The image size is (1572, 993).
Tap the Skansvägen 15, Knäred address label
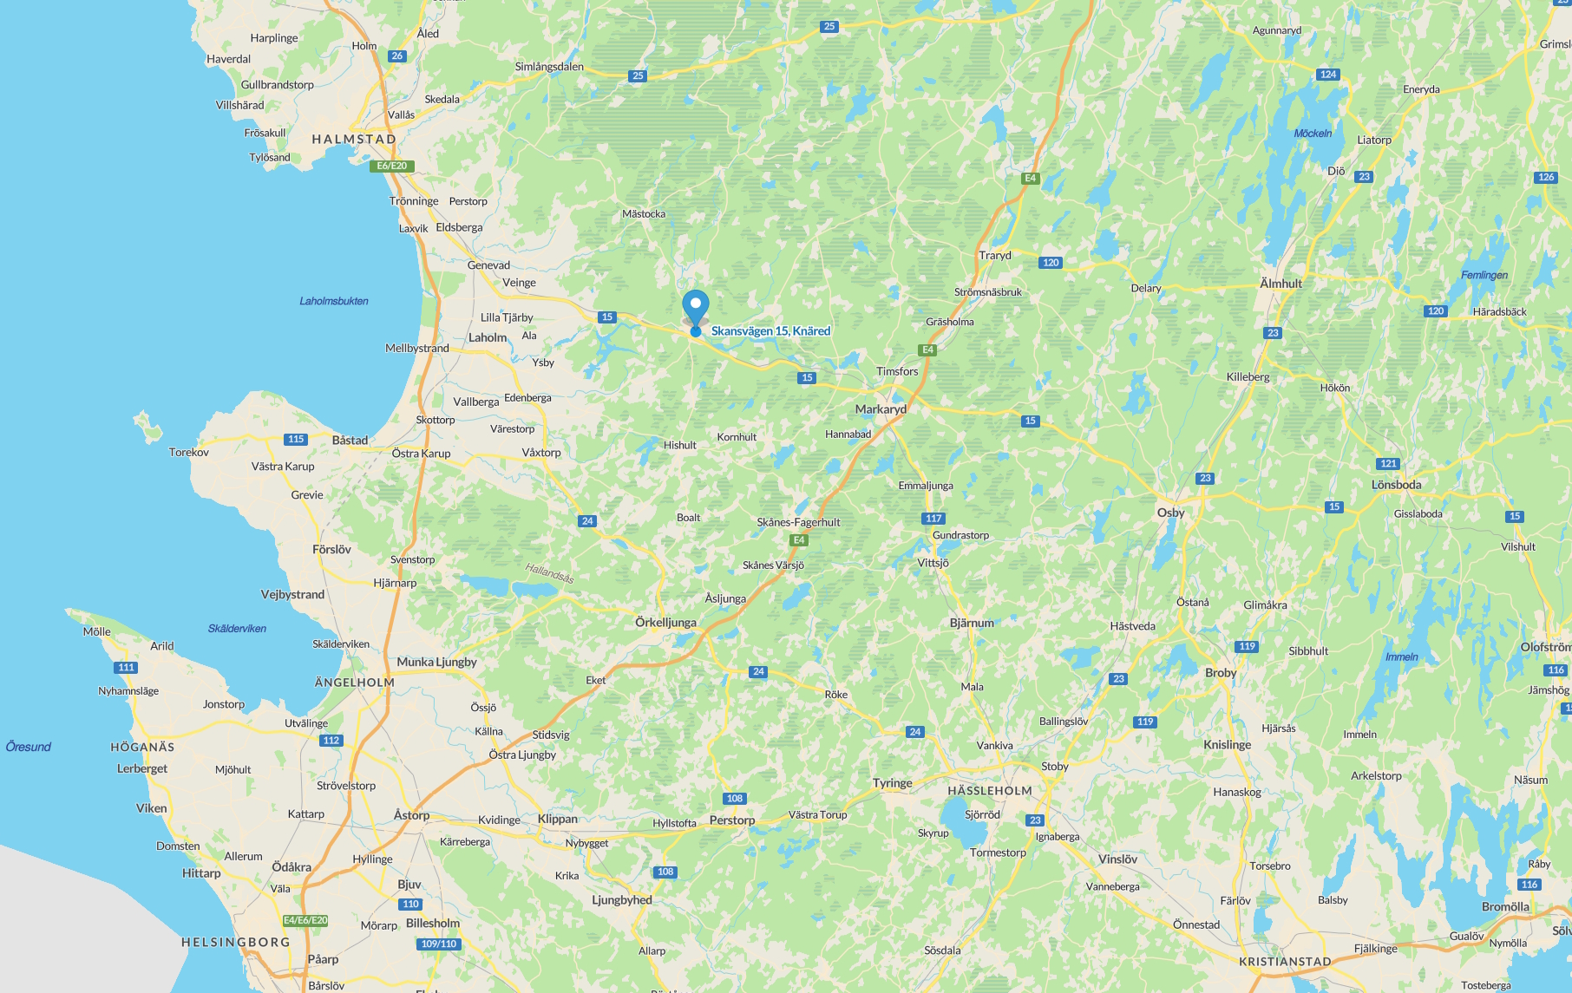point(770,330)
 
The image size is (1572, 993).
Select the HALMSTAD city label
point(354,139)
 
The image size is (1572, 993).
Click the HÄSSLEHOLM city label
point(990,791)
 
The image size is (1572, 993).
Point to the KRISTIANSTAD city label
point(1285,962)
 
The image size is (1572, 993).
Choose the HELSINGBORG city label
point(236,942)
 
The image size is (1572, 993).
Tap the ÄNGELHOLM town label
point(355,683)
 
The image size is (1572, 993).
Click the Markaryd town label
point(881,409)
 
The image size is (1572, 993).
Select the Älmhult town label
point(1281,284)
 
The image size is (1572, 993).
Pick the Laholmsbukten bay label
point(334,301)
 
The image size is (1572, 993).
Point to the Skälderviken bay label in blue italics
point(237,629)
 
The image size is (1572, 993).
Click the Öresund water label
point(29,747)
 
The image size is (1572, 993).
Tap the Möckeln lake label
point(1313,134)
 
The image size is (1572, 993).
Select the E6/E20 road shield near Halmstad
point(392,166)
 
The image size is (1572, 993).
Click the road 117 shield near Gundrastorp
point(933,519)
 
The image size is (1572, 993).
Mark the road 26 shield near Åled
point(397,56)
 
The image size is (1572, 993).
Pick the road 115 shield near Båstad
point(296,440)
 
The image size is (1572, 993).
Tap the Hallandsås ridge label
point(549,572)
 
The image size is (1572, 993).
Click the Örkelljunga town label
point(665,623)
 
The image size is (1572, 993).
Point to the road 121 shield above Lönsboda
point(1388,464)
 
